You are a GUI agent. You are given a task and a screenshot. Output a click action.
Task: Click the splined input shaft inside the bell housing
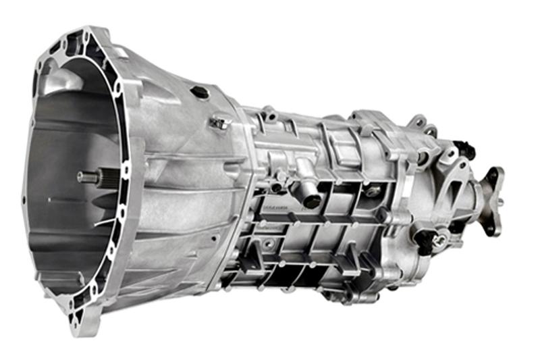88,177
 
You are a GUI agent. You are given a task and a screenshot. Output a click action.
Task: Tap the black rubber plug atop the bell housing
200,92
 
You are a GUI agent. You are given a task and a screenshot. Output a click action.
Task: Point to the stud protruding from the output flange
500,201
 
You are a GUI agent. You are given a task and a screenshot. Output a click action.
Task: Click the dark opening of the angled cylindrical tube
311,199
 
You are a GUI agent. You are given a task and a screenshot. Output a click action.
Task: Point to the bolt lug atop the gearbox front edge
269,112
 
